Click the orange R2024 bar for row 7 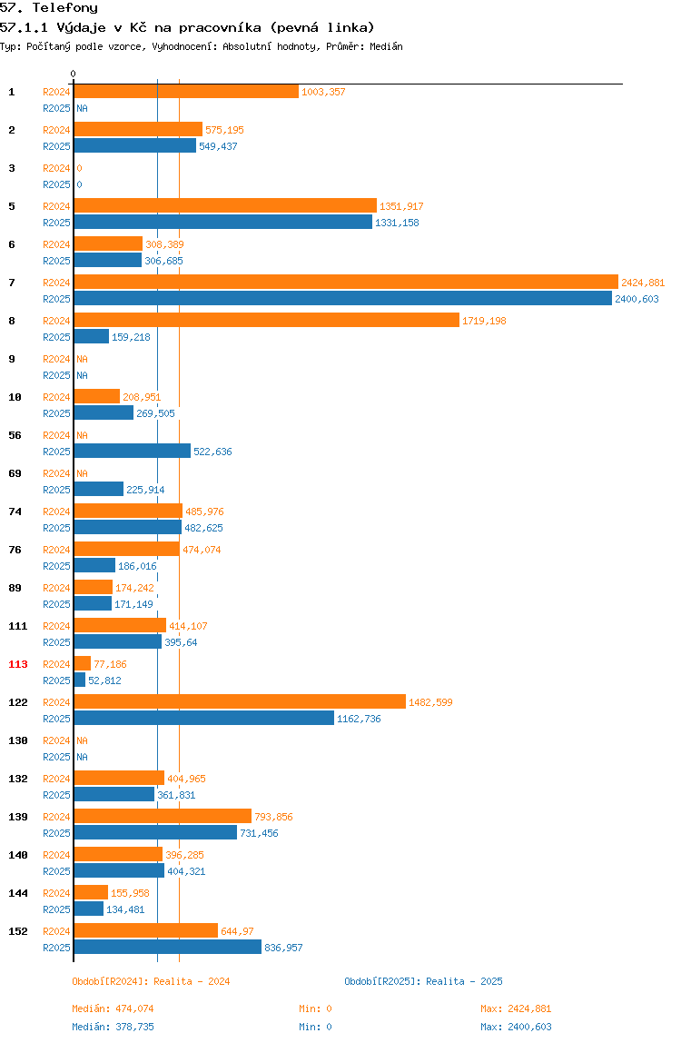(x=346, y=282)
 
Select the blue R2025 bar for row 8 (x=91, y=336)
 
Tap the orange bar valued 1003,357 (x=186, y=91)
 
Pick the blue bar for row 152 (x=168, y=948)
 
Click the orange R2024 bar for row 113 (x=83, y=664)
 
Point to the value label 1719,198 (x=484, y=321)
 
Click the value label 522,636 (x=212, y=452)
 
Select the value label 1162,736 (x=360, y=719)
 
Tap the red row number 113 (x=18, y=664)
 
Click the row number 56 (x=15, y=436)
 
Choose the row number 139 (x=18, y=817)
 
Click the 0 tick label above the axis (x=74, y=74)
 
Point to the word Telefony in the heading (x=65, y=8)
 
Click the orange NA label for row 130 (x=82, y=740)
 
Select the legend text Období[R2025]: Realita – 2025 (x=424, y=981)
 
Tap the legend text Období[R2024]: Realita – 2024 (x=151, y=981)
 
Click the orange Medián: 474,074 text (x=113, y=1008)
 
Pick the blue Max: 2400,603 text (x=516, y=1027)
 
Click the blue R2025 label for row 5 (x=56, y=223)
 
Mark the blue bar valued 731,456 (x=155, y=833)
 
